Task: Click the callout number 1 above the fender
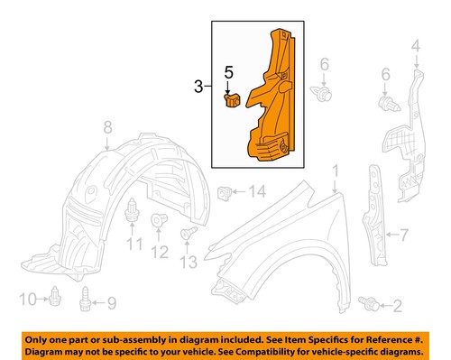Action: (335, 170)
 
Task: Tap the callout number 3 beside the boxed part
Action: (197, 88)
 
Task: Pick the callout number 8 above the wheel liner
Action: (106, 125)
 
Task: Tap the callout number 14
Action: (259, 190)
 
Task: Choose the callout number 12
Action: (159, 253)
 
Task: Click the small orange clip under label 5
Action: (231, 99)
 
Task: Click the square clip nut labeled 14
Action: (226, 191)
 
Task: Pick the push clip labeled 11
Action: (133, 213)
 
